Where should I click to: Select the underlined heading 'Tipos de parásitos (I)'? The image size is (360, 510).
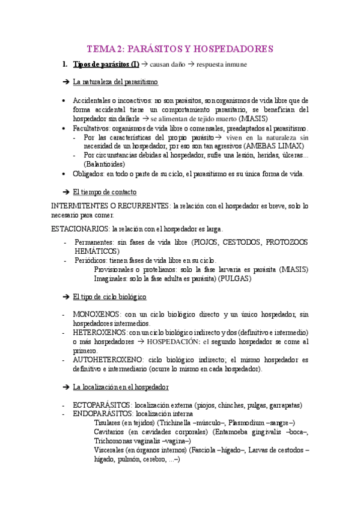106,65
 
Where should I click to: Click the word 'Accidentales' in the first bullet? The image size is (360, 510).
93,100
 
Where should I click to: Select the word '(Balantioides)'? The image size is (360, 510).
105,164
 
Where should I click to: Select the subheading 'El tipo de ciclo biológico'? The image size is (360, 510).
109,298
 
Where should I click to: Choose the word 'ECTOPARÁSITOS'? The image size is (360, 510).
102,405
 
